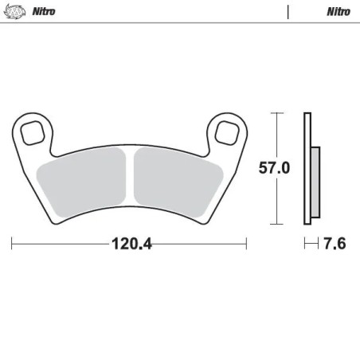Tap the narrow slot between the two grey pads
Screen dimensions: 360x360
(x=131, y=176)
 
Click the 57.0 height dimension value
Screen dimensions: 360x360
(x=274, y=169)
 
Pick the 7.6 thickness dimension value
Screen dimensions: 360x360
(x=335, y=243)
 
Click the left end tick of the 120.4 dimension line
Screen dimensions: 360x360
(x=12, y=243)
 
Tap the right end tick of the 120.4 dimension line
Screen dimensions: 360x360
(x=246, y=243)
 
